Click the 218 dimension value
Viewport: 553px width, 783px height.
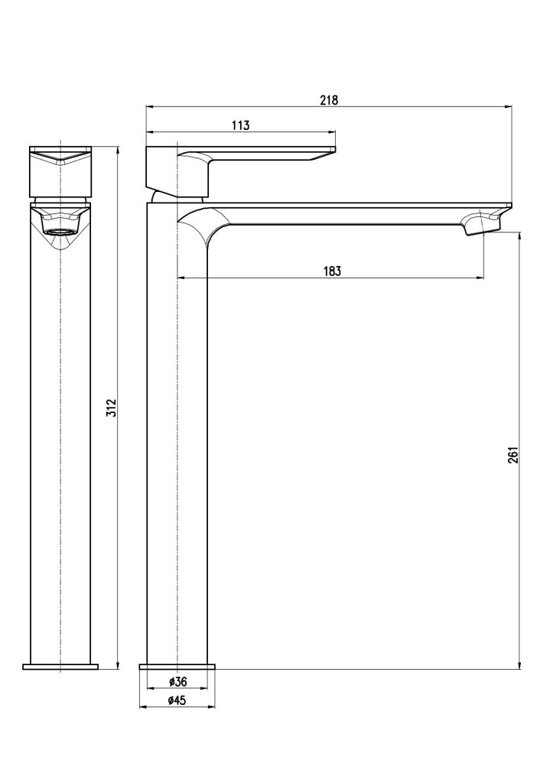point(329,99)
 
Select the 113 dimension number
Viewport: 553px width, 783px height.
point(240,126)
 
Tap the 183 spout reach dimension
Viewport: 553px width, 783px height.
point(331,271)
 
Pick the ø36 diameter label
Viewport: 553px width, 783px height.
point(177,681)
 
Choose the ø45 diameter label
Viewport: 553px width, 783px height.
point(177,700)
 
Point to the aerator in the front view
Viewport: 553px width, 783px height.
point(60,230)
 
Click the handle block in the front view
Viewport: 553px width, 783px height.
point(60,170)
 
